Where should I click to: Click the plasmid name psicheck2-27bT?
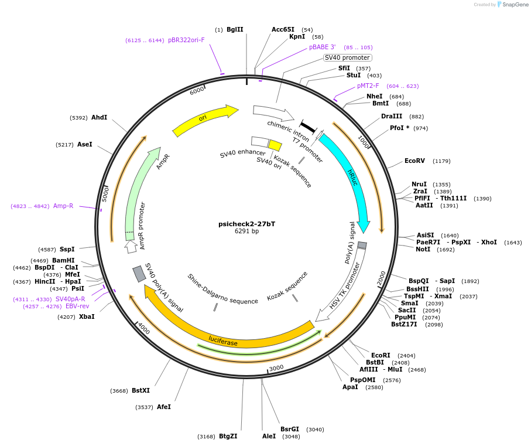coord(246,224)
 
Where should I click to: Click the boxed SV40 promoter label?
coord(347,57)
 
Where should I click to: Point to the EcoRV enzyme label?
coord(414,161)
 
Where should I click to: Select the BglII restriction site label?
coord(235,29)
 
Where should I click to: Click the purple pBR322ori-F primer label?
coord(186,40)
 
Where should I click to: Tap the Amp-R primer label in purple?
coord(63,206)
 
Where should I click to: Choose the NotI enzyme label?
coord(423,249)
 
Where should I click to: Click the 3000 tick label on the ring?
coord(276,367)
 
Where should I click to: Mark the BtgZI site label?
coord(228,436)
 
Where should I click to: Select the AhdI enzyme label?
coord(99,117)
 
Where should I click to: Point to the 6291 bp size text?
coord(246,231)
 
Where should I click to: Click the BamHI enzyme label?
coord(63,260)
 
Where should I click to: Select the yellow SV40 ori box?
coord(275,145)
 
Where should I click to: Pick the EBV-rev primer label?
coord(77,306)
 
